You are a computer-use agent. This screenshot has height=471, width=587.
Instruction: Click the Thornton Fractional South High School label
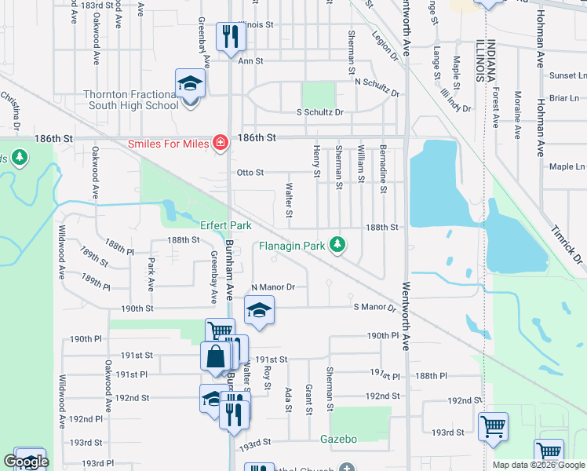pyautogui.click(x=131, y=100)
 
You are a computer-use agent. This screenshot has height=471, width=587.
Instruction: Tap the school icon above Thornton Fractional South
pyautogui.click(x=190, y=84)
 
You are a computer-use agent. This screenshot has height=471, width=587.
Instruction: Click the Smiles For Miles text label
pyautogui.click(x=171, y=144)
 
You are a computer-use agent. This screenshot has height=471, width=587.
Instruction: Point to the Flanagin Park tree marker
pyautogui.click(x=338, y=245)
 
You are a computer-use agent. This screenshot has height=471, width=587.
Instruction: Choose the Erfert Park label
pyautogui.click(x=225, y=225)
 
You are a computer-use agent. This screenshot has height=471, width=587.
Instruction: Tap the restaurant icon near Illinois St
pyautogui.click(x=231, y=35)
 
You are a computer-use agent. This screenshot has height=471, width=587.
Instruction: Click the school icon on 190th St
pyautogui.click(x=259, y=310)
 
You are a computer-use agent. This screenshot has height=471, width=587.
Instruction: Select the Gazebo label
pyautogui.click(x=338, y=439)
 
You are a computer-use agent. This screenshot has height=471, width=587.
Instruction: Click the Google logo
pyautogui.click(x=27, y=462)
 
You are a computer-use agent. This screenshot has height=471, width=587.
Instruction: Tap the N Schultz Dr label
pyautogui.click(x=377, y=82)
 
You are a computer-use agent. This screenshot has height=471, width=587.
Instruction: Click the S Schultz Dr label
pyautogui.click(x=320, y=112)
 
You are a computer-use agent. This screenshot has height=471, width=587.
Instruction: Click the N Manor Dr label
pyautogui.click(x=272, y=288)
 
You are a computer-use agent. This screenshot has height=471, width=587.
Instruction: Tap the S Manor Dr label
pyautogui.click(x=371, y=306)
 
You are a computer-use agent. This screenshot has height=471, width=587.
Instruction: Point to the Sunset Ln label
pyautogui.click(x=568, y=76)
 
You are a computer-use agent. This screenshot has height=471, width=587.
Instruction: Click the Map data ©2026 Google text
pyautogui.click(x=539, y=465)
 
